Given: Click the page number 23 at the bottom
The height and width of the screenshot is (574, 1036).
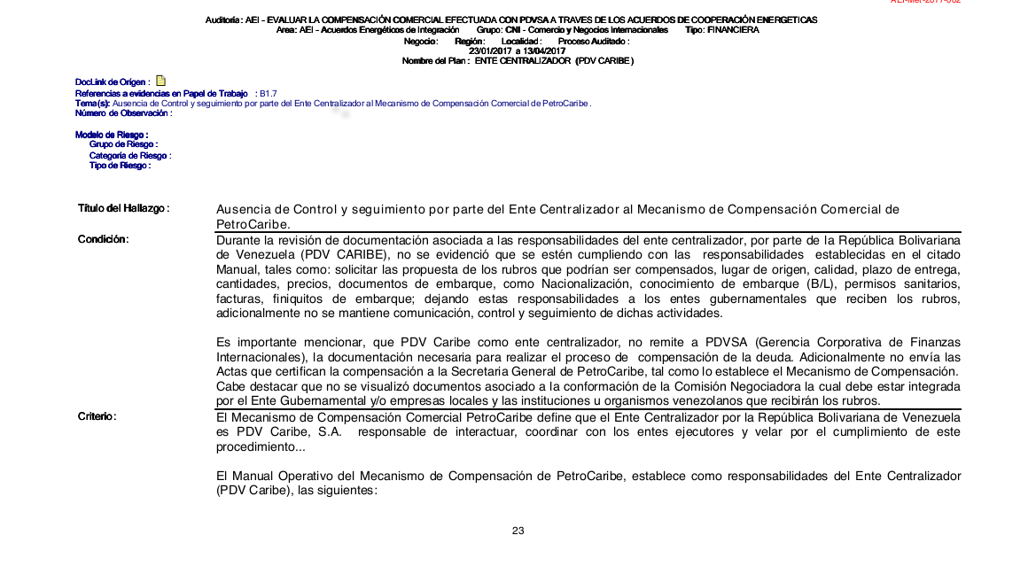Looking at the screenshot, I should pos(518,531).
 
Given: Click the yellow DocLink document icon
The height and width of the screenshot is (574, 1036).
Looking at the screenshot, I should pos(160,81).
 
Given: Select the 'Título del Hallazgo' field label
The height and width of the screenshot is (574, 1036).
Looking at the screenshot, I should pos(123,208).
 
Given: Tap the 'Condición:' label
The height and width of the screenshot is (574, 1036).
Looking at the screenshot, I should pos(104,239).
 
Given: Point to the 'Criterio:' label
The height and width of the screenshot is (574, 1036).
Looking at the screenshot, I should pos(97,416).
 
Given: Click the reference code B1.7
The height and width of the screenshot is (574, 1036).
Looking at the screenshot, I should pos(269,93).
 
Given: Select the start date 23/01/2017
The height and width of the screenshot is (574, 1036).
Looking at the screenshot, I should pos(489,50).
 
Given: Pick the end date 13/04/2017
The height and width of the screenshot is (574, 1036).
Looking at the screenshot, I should pos(545,50).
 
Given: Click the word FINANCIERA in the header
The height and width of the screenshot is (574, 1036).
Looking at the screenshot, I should pos(734,30).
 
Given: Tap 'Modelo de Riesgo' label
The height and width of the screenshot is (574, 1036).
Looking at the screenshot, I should pos(111,135).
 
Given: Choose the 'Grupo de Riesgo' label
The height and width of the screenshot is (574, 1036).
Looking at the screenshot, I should pos(123,144).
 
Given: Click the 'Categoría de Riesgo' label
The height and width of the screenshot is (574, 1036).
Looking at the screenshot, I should pos(129,155).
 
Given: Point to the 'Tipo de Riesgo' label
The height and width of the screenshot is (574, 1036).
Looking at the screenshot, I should pos(120,166).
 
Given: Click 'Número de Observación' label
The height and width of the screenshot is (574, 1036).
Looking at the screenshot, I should pos(123,112).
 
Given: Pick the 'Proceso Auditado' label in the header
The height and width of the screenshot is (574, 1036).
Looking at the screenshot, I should pos(594,41).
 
